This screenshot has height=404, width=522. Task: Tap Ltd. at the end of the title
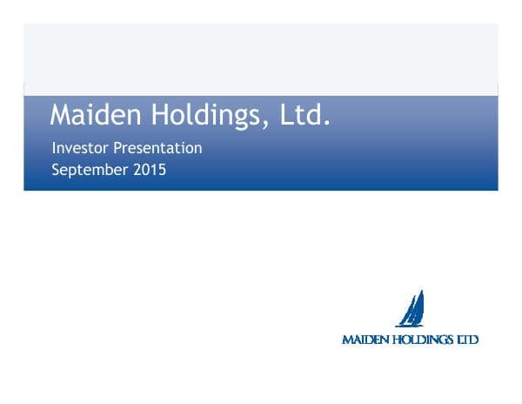tap(305, 115)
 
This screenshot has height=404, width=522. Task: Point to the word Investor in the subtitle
tap(79, 148)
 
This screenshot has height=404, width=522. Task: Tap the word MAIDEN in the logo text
tap(365, 340)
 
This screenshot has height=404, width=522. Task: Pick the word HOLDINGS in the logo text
tap(422, 340)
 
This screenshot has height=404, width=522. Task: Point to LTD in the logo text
tap(467, 340)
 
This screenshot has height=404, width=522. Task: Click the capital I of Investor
tap(54, 148)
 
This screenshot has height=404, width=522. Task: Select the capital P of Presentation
tap(117, 148)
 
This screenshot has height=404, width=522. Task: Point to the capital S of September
tap(57, 170)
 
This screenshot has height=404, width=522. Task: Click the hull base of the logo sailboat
tap(408, 326)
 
